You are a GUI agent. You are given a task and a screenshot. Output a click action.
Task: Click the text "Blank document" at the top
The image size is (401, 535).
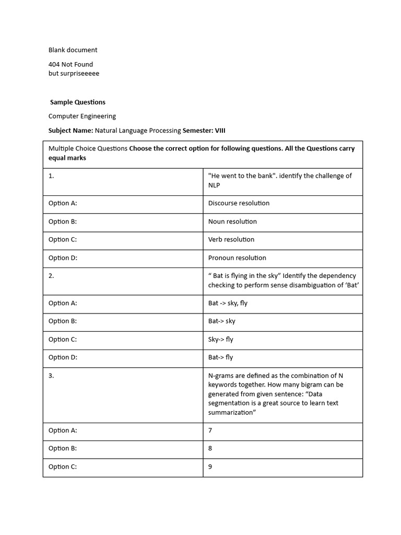(73, 50)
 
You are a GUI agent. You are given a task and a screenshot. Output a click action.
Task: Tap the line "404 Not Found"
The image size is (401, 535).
(70, 64)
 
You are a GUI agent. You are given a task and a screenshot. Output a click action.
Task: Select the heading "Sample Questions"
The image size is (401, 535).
(78, 102)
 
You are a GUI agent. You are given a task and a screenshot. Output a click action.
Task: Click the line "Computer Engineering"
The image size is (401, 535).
(82, 116)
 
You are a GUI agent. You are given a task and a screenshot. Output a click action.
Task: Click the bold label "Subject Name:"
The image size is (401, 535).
(70, 130)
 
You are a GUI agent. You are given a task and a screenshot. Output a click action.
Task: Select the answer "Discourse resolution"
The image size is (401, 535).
(239, 203)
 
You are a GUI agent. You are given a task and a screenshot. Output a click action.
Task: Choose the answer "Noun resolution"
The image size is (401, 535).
(232, 222)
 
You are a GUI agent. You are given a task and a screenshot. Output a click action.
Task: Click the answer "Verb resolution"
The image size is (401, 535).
(231, 239)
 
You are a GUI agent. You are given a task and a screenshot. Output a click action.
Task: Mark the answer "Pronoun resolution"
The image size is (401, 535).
(237, 258)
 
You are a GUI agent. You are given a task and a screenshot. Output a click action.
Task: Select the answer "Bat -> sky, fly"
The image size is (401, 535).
(228, 303)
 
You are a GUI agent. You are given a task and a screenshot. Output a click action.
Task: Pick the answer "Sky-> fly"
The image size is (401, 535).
(220, 340)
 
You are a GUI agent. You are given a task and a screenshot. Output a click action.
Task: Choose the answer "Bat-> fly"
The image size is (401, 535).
(220, 357)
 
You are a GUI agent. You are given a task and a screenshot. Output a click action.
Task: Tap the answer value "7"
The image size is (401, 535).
(210, 431)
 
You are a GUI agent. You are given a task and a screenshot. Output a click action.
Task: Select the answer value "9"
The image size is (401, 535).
(210, 467)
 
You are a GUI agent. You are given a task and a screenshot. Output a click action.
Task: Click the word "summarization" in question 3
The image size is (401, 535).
(231, 413)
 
